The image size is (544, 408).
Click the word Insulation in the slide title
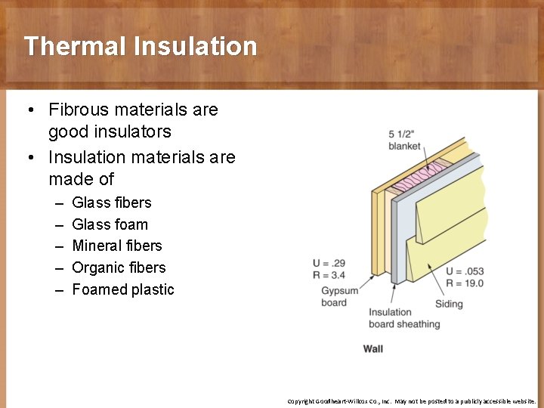click(x=195, y=46)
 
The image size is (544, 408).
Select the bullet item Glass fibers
click(x=111, y=202)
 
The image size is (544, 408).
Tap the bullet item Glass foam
click(x=110, y=224)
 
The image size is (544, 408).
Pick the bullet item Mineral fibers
click(x=116, y=246)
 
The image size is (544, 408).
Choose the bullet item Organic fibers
click(x=118, y=267)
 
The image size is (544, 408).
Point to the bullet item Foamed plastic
click(x=122, y=289)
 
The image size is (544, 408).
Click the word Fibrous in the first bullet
click(x=81, y=110)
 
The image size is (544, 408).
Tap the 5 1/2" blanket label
click(x=404, y=140)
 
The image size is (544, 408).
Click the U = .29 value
click(x=329, y=263)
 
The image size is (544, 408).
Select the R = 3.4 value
click(x=329, y=275)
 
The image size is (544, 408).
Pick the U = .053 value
click(x=465, y=271)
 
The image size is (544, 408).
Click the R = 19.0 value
click(x=465, y=283)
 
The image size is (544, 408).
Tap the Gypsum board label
click(x=334, y=297)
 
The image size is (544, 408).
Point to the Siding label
click(x=449, y=304)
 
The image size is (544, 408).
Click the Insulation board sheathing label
click(x=403, y=318)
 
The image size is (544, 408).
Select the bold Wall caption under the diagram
click(x=373, y=348)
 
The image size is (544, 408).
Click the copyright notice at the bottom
click(x=412, y=401)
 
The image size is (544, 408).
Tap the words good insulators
click(x=110, y=131)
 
